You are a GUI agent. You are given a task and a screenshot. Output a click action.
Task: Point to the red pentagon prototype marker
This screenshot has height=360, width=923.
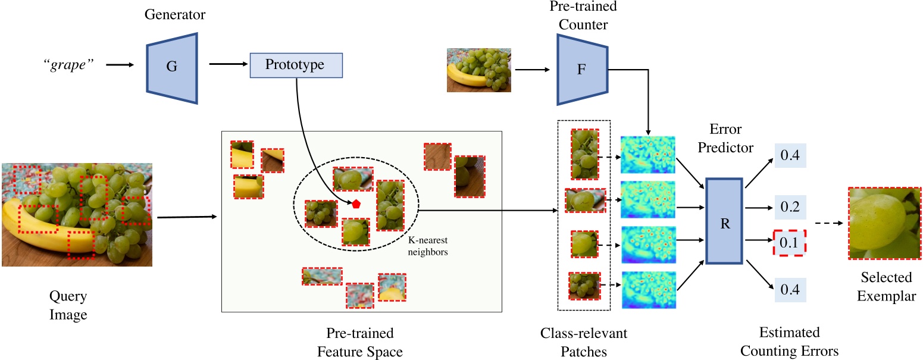pyautogui.click(x=356, y=204)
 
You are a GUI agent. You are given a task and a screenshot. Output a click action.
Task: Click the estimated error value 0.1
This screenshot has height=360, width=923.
pyautogui.click(x=789, y=243)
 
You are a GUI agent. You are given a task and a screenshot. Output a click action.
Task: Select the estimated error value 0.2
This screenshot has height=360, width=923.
pyautogui.click(x=789, y=207)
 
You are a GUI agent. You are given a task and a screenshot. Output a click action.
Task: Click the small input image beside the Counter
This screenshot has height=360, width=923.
pyautogui.click(x=478, y=70)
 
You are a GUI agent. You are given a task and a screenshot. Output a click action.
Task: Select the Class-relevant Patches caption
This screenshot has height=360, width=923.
pyautogui.click(x=584, y=342)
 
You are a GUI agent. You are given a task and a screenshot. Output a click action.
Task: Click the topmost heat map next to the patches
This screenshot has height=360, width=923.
pyautogui.click(x=648, y=156)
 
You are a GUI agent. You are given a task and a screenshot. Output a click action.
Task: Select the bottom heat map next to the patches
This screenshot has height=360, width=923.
pyautogui.click(x=648, y=290)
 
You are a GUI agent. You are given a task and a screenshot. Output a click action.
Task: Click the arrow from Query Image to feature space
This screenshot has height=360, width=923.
pyautogui.click(x=185, y=217)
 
